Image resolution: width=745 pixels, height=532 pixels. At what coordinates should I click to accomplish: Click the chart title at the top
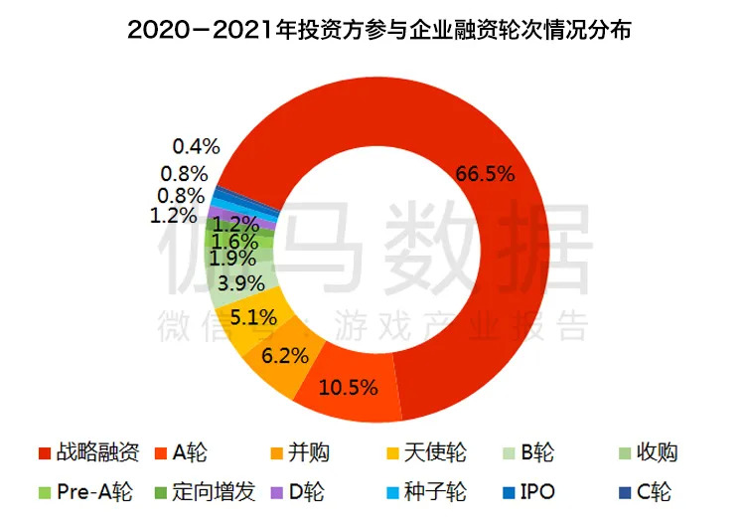(x=372, y=30)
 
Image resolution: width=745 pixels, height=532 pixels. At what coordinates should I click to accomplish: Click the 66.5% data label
(x=485, y=175)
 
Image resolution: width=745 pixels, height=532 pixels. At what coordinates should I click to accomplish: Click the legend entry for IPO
(x=523, y=493)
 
